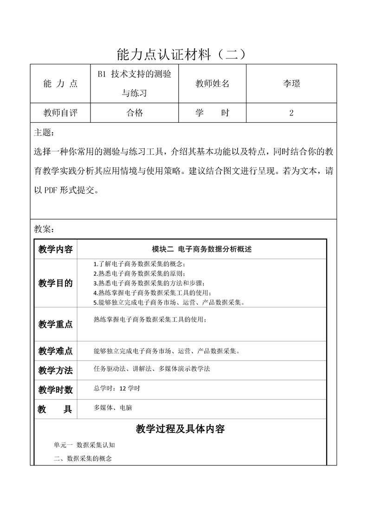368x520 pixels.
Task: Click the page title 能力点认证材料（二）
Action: tap(184, 54)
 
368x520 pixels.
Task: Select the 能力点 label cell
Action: tap(60, 84)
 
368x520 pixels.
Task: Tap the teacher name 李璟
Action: tap(291, 84)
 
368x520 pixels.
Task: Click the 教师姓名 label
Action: tap(212, 84)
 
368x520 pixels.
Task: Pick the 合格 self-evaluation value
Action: tap(135, 113)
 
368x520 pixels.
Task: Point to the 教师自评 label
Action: tap(60, 113)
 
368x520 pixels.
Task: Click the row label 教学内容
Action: tap(56, 249)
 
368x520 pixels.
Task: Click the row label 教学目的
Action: tap(56, 284)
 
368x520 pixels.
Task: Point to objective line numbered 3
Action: tap(148, 283)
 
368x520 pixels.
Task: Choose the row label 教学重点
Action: tap(56, 324)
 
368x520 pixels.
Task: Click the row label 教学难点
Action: tap(56, 351)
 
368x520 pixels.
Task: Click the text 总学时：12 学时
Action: tap(116, 388)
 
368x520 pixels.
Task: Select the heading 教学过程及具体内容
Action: tap(181, 429)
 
